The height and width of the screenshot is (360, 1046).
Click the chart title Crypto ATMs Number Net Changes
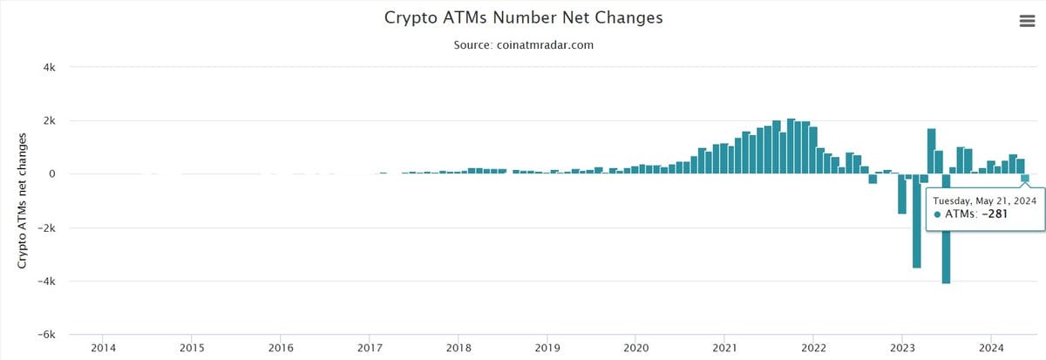point(523,17)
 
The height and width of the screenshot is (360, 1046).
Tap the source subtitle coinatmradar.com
point(523,44)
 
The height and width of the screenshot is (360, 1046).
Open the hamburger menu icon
point(1027,22)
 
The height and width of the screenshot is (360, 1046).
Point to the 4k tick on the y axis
point(50,67)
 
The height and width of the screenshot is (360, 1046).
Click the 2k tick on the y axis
point(50,120)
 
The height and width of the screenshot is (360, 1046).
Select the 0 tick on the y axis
point(52,174)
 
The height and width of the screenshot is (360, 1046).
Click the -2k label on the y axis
point(47,228)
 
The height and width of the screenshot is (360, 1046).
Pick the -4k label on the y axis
point(47,281)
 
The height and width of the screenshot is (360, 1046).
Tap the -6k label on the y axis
point(47,335)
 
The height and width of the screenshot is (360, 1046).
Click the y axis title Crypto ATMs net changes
point(24,200)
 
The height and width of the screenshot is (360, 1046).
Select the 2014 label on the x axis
point(103,348)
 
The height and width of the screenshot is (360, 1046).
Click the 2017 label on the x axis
point(370,348)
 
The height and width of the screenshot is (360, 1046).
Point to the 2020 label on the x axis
point(636,348)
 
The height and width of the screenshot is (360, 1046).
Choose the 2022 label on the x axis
point(813,348)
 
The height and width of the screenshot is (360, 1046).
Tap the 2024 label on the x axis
point(991,348)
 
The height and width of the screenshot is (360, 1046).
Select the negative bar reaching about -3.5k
point(916,222)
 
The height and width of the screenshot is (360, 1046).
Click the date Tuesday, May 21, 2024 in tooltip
point(984,200)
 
